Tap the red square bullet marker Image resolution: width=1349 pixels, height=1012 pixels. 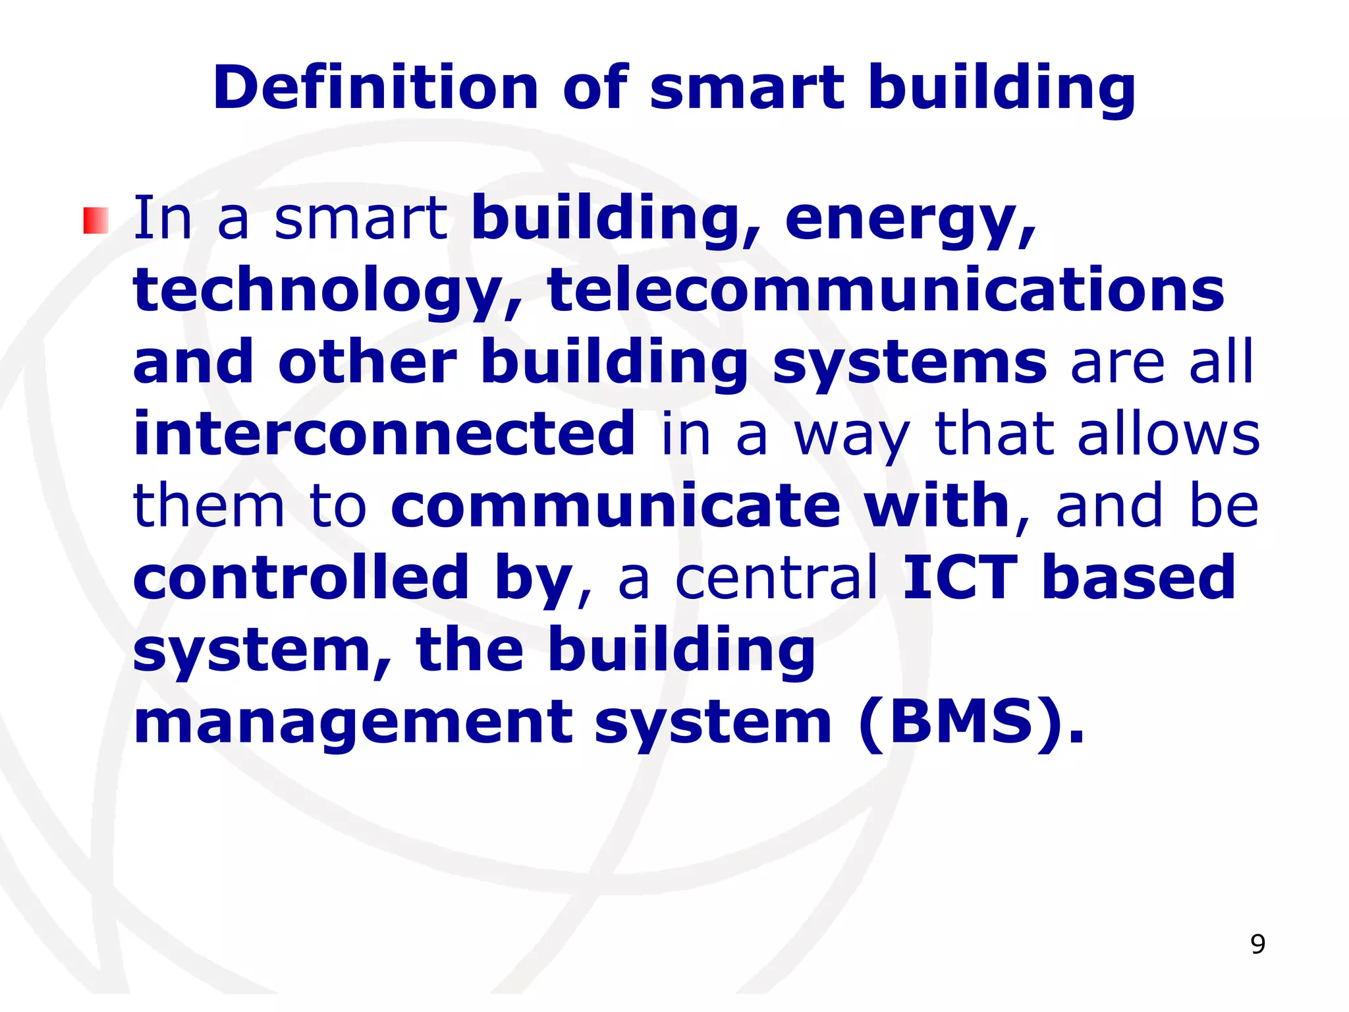point(96,221)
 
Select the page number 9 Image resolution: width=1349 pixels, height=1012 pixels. point(1257,945)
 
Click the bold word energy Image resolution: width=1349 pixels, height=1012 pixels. point(910,219)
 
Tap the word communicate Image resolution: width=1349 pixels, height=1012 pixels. point(616,505)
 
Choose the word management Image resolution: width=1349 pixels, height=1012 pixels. point(353,723)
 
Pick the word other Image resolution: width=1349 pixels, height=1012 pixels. point(368,362)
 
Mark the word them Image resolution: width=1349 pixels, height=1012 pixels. point(209,505)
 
